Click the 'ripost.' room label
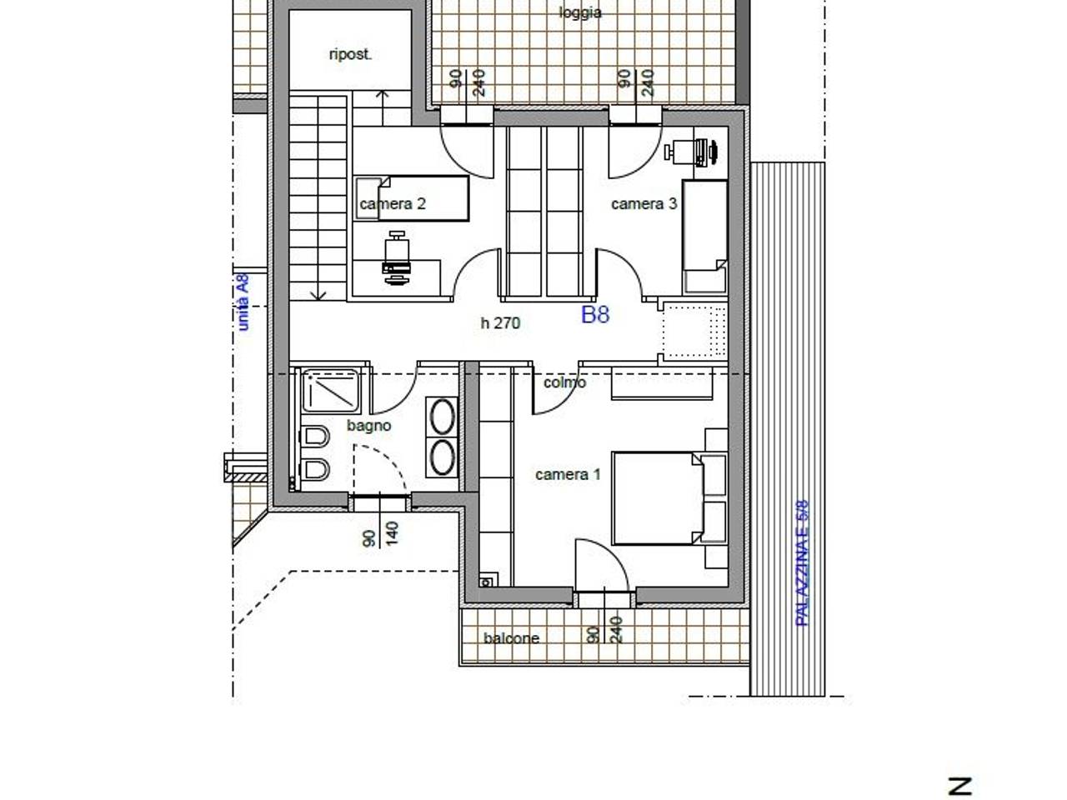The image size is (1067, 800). pos(350,54)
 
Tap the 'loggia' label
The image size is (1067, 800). pos(580,12)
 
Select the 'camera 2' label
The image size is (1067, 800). pos(393,203)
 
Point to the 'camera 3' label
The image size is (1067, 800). pos(644,203)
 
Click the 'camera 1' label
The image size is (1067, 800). pos(568,474)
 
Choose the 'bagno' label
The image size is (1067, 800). pos(369,426)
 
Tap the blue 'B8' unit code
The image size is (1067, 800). pos(595,315)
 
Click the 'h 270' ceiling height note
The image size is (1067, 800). pos(500,323)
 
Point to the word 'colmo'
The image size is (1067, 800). pos(564,382)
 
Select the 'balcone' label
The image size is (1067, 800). pos(511,637)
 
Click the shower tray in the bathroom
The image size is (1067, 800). pos(331,391)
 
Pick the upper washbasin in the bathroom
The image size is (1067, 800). pos(443,417)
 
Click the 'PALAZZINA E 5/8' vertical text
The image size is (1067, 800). pos(802,563)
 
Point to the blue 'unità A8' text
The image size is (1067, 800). pos(243,302)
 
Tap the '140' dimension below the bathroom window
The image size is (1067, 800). pos(392,533)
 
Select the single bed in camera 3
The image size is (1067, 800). pos(705,237)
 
